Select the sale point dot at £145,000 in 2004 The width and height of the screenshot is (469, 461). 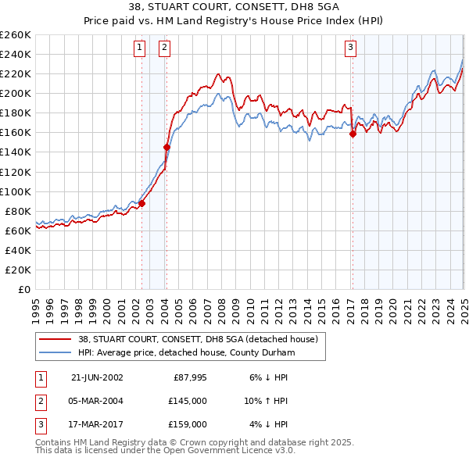click(x=166, y=146)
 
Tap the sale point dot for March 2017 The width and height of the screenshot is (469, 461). click(x=353, y=134)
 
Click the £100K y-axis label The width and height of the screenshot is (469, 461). click(x=16, y=191)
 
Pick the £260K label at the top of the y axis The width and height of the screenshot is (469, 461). click(x=16, y=35)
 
